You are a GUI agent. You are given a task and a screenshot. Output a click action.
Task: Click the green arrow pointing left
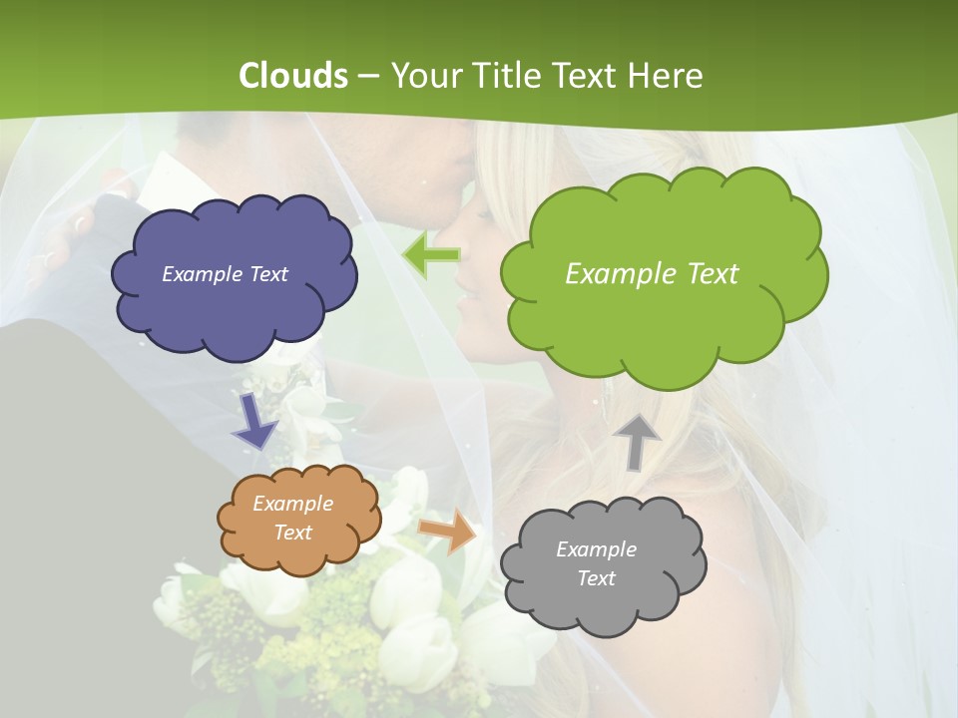click(x=431, y=256)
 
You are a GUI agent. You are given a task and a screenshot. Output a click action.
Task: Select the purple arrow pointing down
click(x=254, y=421)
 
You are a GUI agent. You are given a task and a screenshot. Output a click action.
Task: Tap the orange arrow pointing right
click(x=448, y=531)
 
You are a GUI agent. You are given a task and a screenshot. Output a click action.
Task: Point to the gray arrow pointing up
click(x=637, y=441)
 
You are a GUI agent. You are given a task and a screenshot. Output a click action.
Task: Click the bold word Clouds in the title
click(x=294, y=76)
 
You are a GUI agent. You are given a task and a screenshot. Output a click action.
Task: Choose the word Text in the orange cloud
click(x=293, y=533)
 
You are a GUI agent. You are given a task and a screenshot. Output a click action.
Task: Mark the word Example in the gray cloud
click(x=596, y=549)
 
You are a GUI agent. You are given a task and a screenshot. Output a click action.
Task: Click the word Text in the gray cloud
click(x=596, y=578)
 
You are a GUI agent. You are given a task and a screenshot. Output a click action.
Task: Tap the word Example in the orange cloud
click(x=293, y=504)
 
